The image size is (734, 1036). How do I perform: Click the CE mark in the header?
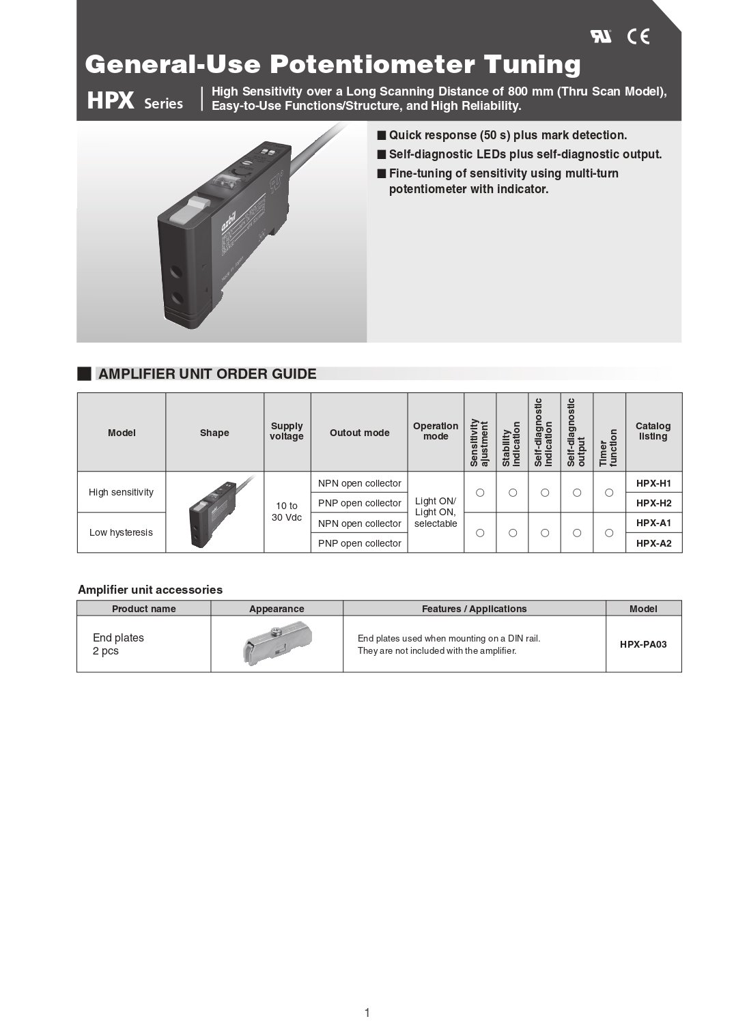click(638, 37)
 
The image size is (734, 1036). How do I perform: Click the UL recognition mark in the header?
click(601, 37)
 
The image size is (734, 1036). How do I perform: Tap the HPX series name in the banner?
click(135, 102)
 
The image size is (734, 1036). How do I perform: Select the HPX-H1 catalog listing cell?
click(653, 483)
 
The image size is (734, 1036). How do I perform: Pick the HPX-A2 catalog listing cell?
click(653, 543)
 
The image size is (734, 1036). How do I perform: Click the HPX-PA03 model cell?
click(643, 644)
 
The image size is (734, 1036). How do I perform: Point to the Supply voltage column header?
click(287, 431)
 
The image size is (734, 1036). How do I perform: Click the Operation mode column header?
click(436, 431)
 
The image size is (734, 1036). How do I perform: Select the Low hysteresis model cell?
click(121, 532)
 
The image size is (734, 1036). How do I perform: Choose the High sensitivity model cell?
click(121, 492)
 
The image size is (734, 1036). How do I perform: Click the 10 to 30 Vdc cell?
click(287, 511)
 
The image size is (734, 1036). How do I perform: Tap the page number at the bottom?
click(367, 1013)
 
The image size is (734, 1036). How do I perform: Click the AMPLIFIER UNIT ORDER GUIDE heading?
click(207, 374)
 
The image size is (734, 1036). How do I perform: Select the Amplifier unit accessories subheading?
click(150, 590)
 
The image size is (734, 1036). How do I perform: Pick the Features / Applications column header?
click(474, 609)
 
